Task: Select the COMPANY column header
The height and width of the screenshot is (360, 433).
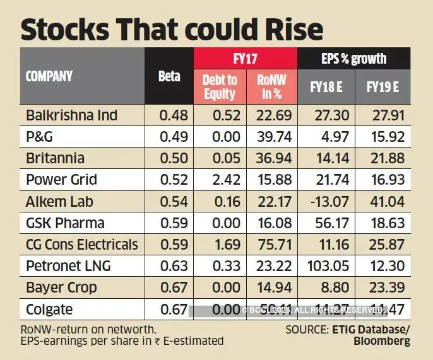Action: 49,76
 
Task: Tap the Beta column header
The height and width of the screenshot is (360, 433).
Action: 169,76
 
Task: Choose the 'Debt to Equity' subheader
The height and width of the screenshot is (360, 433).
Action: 219,87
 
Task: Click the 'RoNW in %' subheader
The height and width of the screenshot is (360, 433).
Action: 269,87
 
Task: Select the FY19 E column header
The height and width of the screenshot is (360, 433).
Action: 383,87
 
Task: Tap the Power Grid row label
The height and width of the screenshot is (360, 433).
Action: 61,180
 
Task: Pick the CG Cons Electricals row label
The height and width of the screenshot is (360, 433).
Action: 81,244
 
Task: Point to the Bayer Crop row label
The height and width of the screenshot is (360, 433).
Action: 61,287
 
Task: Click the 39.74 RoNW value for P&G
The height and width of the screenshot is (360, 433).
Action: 269,137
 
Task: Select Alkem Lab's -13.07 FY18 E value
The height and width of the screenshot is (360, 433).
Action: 326,201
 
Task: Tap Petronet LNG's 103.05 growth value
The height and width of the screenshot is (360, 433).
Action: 326,265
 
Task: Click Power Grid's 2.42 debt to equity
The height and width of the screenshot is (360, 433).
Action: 219,180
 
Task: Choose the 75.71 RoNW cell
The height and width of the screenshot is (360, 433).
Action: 269,244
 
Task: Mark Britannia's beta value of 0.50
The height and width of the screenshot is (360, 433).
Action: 169,158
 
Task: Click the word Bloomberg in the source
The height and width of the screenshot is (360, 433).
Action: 381,340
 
